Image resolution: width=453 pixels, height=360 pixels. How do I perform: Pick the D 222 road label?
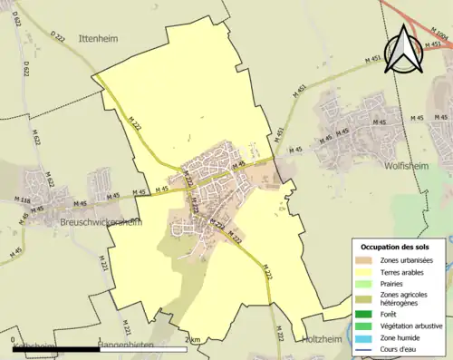pyautogui.click(x=59, y=36)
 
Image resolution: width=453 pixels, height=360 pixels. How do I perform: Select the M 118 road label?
pyautogui.click(x=24, y=202)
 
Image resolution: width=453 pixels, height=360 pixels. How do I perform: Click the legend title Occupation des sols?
pyautogui.click(x=397, y=247)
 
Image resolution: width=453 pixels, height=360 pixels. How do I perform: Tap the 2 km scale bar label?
pyautogui.click(x=191, y=339)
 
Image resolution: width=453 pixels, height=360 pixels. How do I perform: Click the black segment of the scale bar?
pyautogui.click(x=55, y=349)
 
